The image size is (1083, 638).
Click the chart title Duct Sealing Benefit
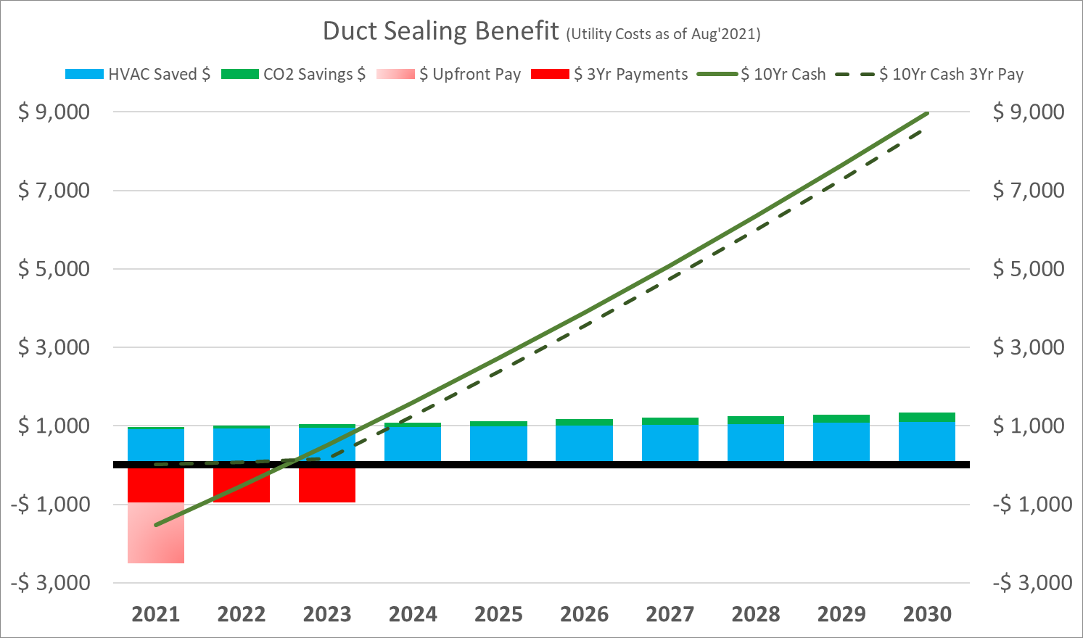(x=440, y=31)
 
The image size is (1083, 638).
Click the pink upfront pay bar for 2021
(x=156, y=533)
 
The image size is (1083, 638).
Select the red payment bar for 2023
(x=327, y=485)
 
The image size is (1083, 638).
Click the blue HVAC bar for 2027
(x=670, y=443)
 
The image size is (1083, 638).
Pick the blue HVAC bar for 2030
(x=927, y=442)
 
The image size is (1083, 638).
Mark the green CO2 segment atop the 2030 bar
(x=927, y=417)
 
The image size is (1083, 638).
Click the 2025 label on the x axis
(x=498, y=615)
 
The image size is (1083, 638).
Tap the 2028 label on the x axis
(x=756, y=615)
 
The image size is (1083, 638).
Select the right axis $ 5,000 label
(x=1029, y=269)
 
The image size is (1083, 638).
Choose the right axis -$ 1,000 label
(x=1031, y=505)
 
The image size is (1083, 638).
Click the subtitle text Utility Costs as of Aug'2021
(x=664, y=34)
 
